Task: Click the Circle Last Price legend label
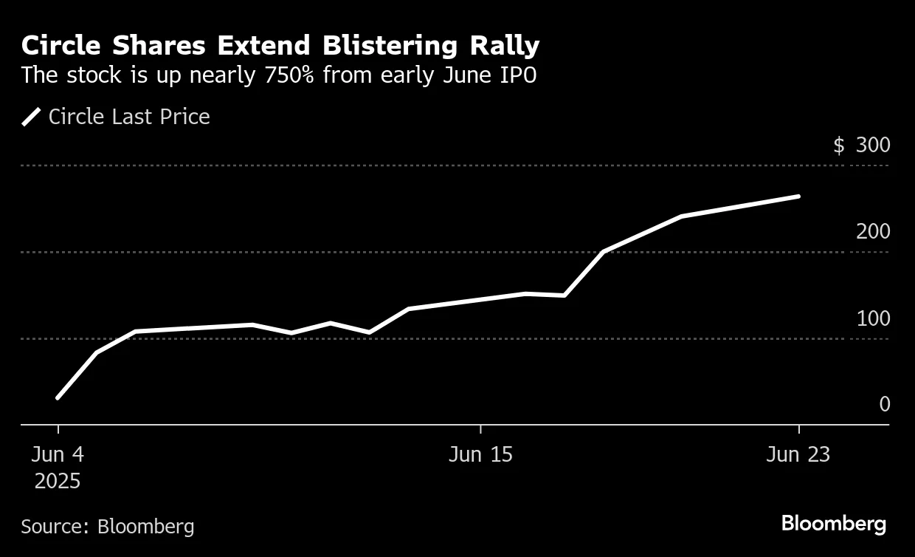(129, 117)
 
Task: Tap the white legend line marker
(31, 117)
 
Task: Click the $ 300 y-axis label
(861, 145)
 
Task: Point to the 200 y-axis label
(873, 232)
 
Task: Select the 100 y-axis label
(873, 319)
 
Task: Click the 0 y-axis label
(884, 405)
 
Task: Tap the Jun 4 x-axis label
(58, 454)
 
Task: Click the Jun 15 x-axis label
(480, 454)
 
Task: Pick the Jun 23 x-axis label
(798, 454)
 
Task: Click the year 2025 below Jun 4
(58, 482)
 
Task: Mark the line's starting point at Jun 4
(58, 398)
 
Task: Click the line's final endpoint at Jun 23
(798, 197)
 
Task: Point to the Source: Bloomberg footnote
(108, 527)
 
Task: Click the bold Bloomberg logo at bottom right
(833, 524)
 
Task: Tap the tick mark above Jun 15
(480, 430)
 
